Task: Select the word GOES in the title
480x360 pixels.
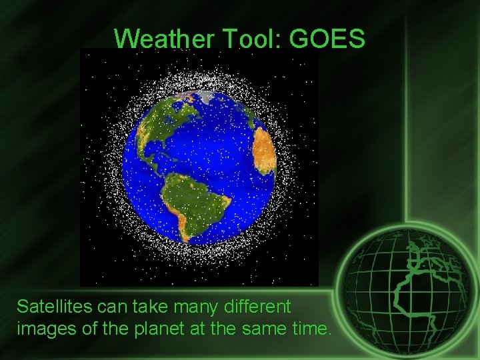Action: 327,39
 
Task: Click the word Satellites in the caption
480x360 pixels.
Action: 54,307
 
